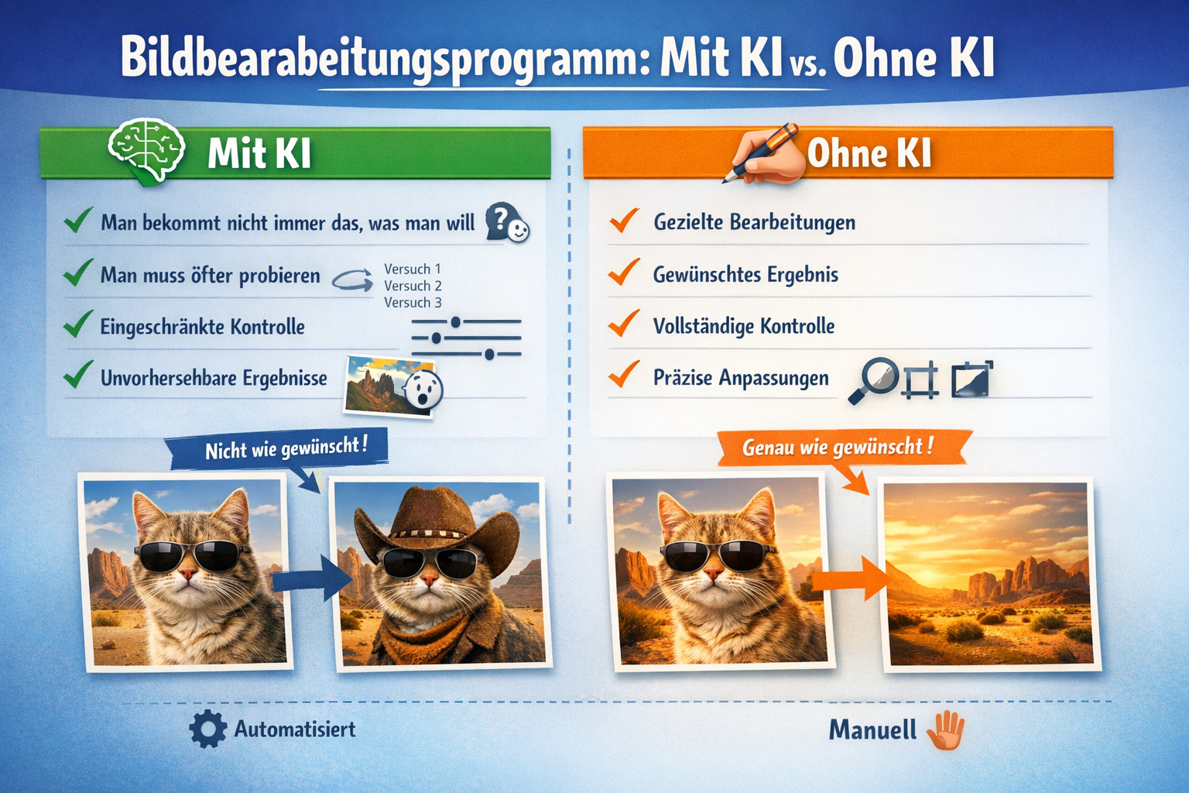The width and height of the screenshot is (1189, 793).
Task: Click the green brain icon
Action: point(146,150)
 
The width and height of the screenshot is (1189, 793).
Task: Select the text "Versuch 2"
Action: point(413,286)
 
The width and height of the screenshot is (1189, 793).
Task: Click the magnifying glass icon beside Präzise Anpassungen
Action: point(873,379)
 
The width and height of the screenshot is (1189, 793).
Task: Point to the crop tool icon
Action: point(920,380)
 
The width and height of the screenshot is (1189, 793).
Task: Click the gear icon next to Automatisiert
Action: point(207,729)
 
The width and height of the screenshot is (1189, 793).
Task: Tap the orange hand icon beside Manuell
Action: point(946,730)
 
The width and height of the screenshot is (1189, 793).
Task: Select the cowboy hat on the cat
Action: point(436,520)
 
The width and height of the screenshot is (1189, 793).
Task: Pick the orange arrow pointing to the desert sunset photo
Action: point(849,578)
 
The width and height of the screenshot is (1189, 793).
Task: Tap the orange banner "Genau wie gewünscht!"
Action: point(838,448)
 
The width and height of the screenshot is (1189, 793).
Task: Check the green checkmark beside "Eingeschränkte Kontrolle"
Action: point(78,324)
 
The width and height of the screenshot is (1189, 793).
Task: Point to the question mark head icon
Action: point(506,222)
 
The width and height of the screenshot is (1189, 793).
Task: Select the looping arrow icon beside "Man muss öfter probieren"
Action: point(352,280)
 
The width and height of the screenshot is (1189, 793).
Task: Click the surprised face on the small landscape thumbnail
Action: point(423,388)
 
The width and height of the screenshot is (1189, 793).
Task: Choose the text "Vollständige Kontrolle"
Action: point(744,326)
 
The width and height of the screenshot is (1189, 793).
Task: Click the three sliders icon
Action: point(467,338)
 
